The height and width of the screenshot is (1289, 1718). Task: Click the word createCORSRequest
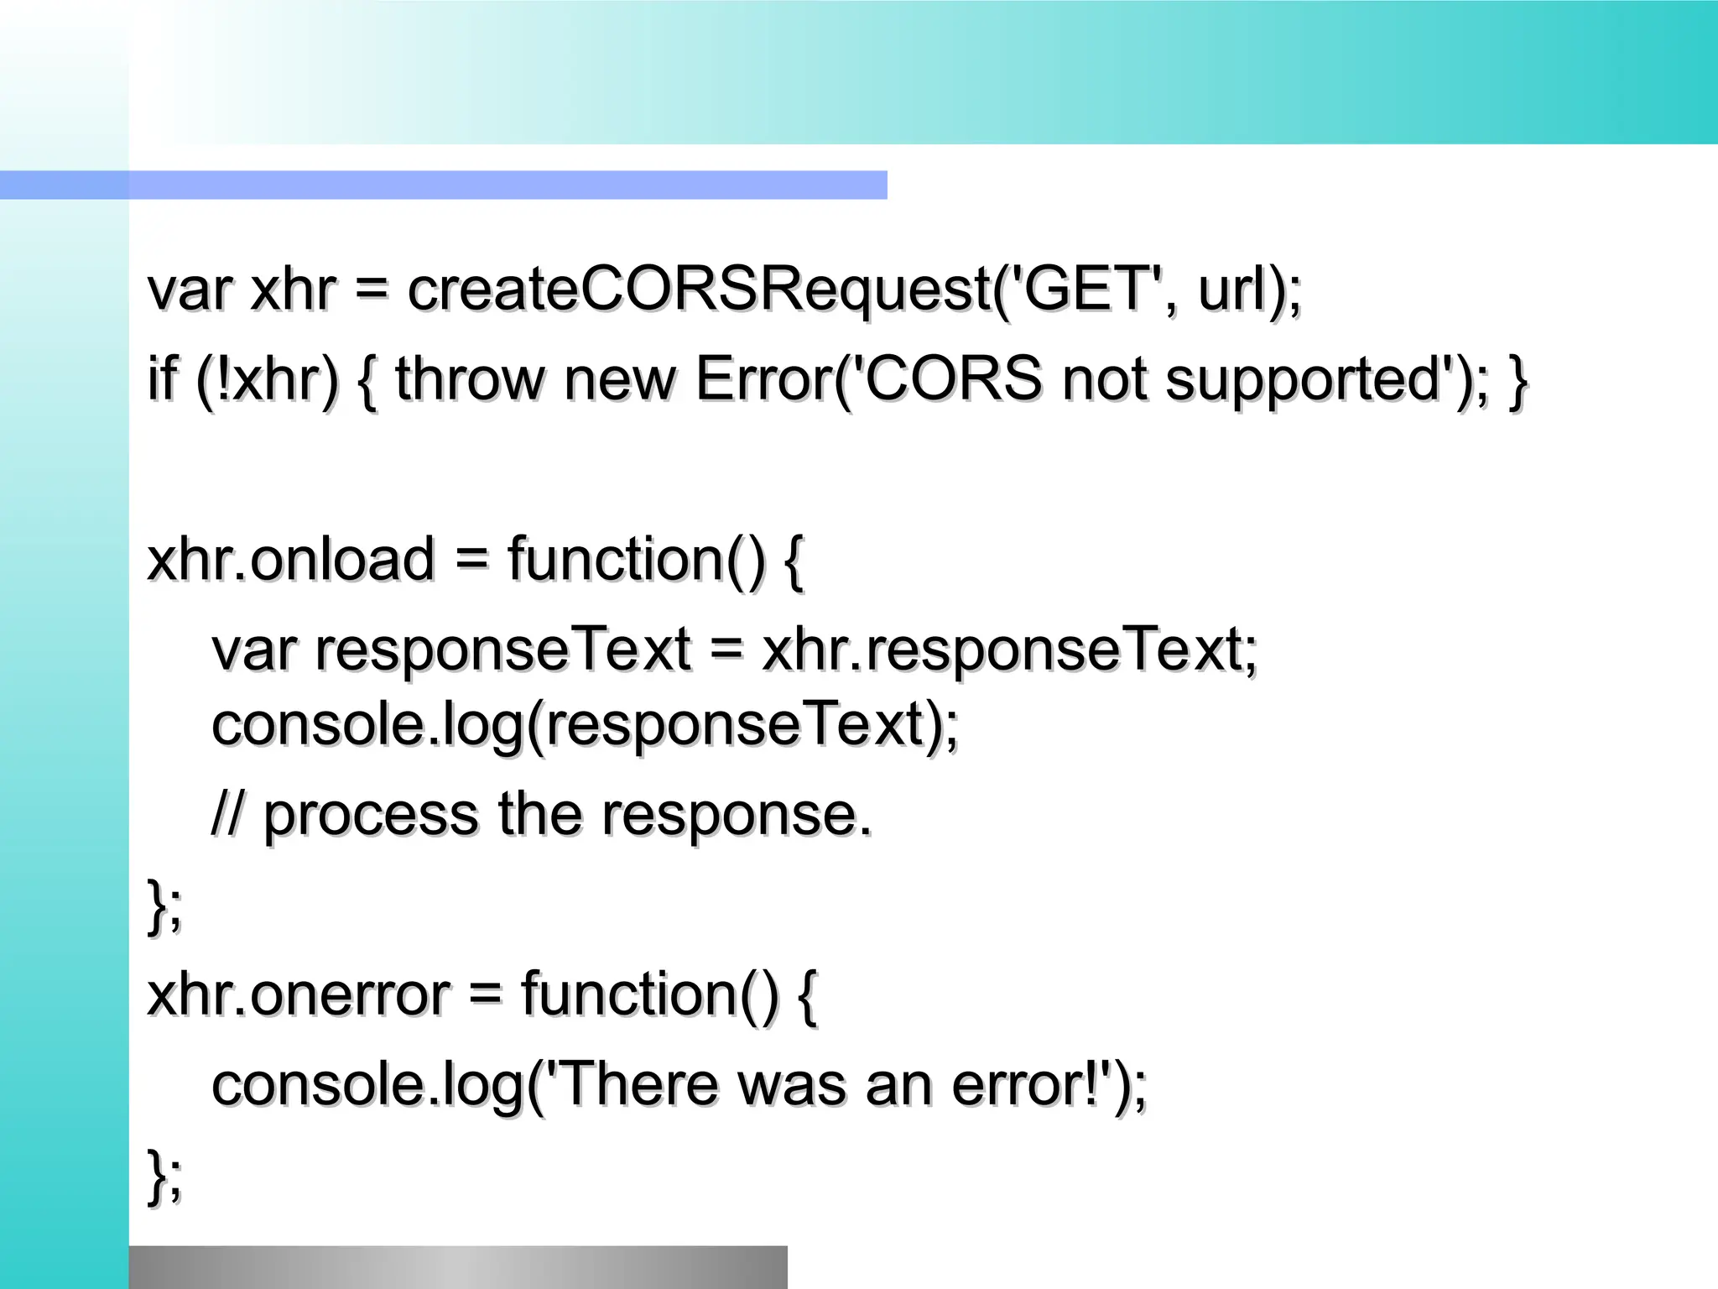pos(699,290)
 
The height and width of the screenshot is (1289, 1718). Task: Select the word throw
pos(470,379)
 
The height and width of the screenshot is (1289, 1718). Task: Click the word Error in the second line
pos(763,379)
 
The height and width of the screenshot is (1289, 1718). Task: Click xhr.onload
pos(290,560)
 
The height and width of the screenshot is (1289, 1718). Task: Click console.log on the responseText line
pos(367,724)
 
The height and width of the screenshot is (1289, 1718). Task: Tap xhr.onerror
pos(298,994)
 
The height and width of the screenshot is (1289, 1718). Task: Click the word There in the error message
pos(638,1084)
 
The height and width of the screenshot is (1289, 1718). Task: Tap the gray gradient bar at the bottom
pos(458,1267)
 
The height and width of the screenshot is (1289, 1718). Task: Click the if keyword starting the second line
pos(163,379)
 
